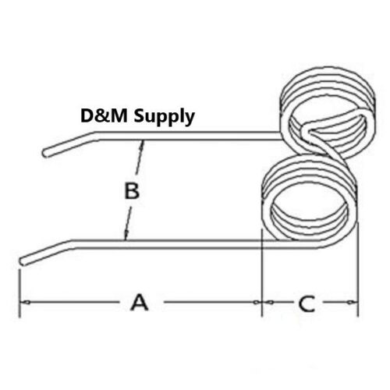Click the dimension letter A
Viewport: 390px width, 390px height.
pos(140,303)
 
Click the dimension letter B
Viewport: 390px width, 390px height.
pos(132,191)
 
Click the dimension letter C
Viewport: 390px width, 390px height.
pos(307,303)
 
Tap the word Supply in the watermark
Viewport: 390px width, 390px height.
pos(164,117)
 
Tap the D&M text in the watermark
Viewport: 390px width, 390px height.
pos(104,115)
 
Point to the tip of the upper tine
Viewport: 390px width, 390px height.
pos(44,153)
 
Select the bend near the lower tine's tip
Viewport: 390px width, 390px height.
pos(71,244)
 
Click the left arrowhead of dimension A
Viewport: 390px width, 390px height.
pos(25,303)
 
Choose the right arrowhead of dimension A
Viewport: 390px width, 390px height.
pos(257,303)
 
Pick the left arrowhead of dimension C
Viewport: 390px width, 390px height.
pos(268,303)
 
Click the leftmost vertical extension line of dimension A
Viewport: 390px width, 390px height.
pos(19,293)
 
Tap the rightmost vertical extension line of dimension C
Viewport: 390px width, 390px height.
pos(358,269)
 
